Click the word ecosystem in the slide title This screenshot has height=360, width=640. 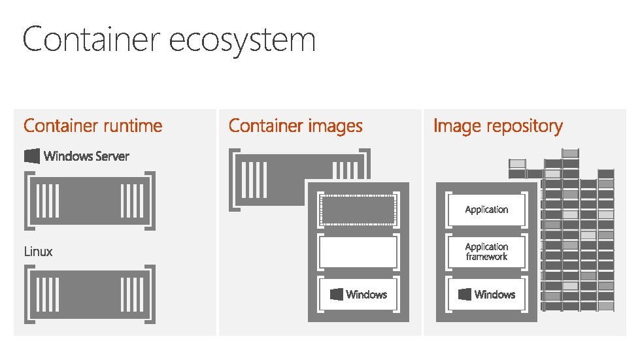[243, 41]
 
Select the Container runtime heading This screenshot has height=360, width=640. [93, 125]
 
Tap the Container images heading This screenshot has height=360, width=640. [295, 125]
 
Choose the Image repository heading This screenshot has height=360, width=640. [497, 125]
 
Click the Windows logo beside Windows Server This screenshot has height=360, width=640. [32, 156]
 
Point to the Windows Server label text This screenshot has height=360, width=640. [86, 156]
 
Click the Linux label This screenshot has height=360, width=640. [39, 252]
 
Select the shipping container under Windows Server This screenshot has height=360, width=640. [90, 201]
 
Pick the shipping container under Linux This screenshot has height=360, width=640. [90, 294]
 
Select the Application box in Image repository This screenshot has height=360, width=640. [486, 210]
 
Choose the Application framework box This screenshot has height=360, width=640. [486, 252]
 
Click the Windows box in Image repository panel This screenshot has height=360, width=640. [486, 295]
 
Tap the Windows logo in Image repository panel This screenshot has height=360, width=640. [465, 295]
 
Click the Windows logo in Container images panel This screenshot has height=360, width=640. [337, 295]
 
